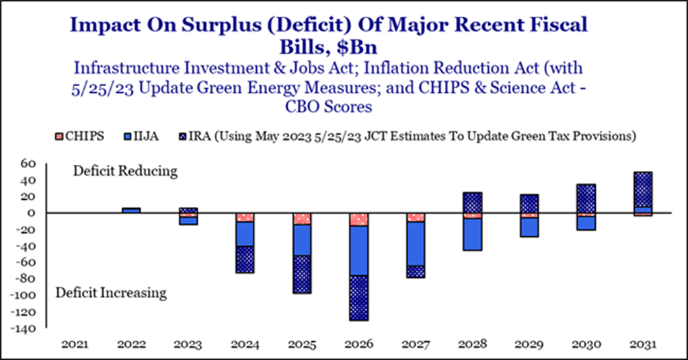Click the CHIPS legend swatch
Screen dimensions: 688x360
click(x=60, y=137)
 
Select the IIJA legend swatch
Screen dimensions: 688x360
click(x=128, y=137)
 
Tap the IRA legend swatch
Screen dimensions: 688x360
click(x=184, y=137)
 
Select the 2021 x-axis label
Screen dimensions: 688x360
click(x=75, y=345)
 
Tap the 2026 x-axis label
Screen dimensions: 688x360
click(x=359, y=345)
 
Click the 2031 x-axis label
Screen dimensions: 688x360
click(x=643, y=345)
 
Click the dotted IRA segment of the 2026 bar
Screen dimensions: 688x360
click(x=359, y=298)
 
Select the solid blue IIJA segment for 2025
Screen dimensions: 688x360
click(x=302, y=240)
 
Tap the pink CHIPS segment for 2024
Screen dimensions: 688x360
click(x=245, y=217)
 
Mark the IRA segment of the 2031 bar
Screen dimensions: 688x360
click(x=643, y=189)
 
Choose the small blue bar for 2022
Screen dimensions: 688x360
click(x=131, y=211)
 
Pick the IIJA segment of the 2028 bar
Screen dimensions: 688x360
click(x=473, y=234)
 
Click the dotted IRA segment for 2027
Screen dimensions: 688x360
click(x=416, y=272)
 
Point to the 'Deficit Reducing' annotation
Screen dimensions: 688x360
click(x=125, y=171)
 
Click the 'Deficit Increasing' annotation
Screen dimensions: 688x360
click(x=111, y=293)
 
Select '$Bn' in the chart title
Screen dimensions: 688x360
click(x=357, y=47)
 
